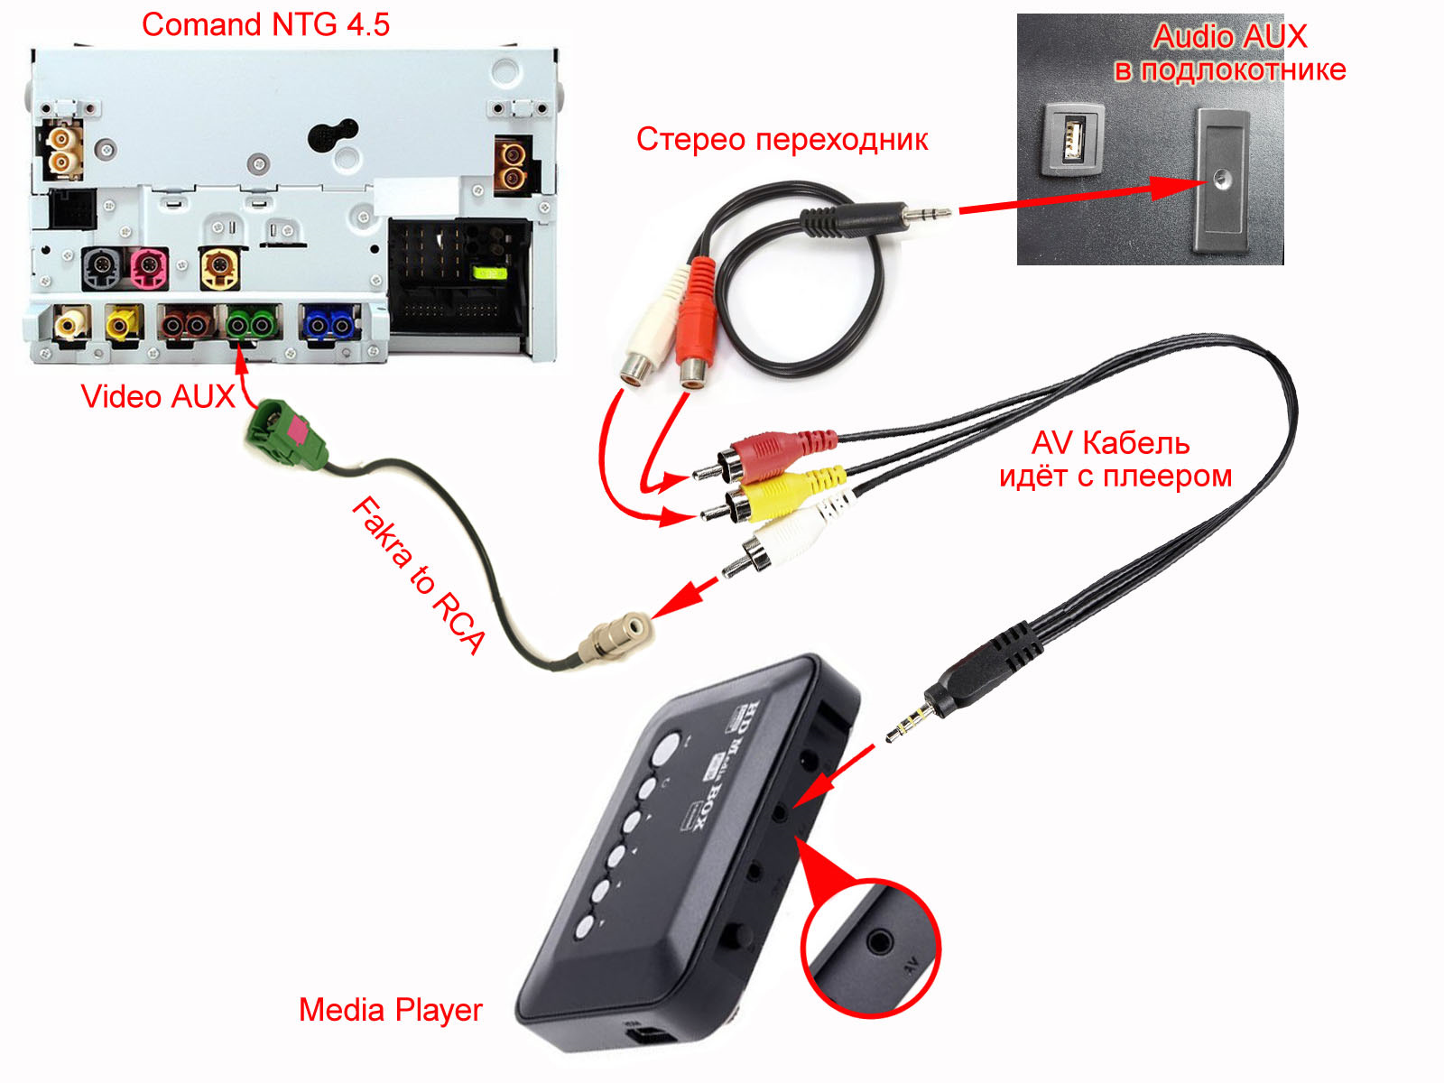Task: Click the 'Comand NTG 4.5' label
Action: coord(265,24)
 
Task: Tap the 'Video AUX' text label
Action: coord(157,396)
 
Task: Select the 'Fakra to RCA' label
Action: coord(417,574)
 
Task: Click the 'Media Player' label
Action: coord(390,1010)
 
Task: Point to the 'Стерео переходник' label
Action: coord(782,140)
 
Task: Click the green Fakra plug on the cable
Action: coord(285,433)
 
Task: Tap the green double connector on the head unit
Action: coord(250,323)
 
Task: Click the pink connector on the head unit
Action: coord(148,268)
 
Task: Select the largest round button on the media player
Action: coord(666,747)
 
